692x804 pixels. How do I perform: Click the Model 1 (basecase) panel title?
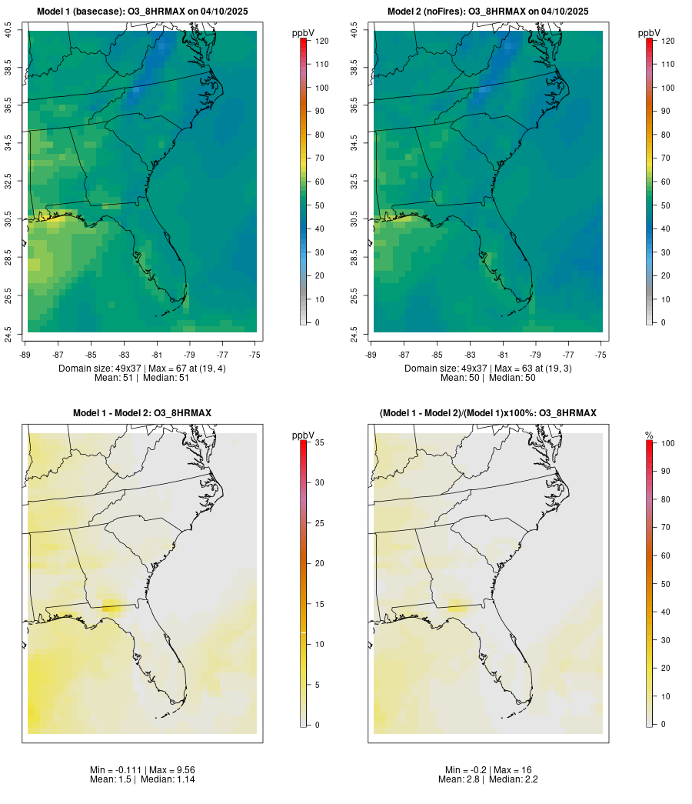tap(141, 11)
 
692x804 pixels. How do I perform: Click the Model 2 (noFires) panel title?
tap(487, 11)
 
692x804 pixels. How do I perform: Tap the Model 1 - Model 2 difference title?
tap(142, 413)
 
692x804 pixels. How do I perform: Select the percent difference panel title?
tap(487, 413)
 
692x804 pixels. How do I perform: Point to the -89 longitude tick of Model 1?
tap(26, 354)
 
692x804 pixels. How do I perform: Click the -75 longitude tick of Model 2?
tap(601, 354)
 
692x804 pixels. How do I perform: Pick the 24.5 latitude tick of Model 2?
tap(354, 333)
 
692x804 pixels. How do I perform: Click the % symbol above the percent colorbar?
tap(649, 435)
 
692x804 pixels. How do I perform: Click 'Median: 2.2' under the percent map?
tap(514, 779)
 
